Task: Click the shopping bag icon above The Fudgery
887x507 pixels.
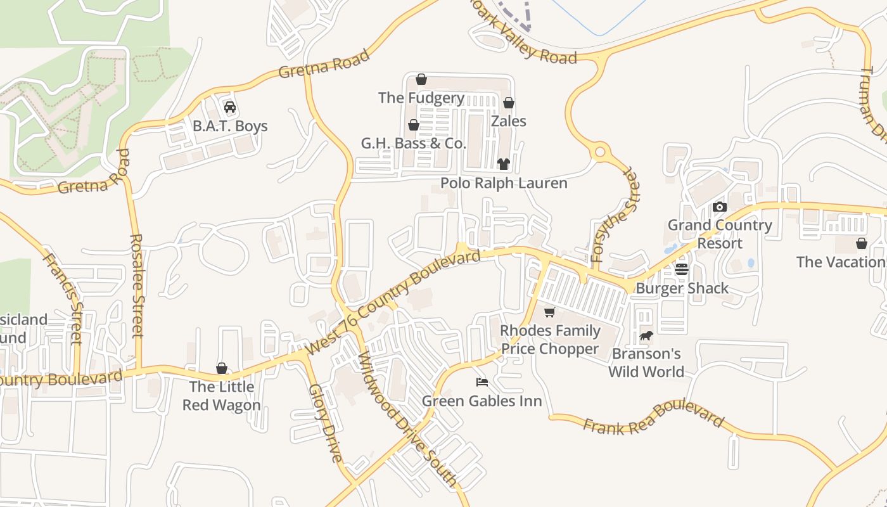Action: pos(421,79)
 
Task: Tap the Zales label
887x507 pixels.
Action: pos(509,120)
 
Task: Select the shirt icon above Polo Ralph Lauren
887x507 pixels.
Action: pos(504,164)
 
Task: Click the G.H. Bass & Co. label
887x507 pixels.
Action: pos(414,143)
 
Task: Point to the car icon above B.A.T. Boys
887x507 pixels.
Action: pos(230,106)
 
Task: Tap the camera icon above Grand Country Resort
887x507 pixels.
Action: pos(719,207)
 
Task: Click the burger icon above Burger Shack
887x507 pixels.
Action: pos(682,269)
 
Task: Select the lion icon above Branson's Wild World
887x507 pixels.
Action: pos(646,335)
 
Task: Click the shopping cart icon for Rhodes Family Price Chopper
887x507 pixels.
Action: pos(549,312)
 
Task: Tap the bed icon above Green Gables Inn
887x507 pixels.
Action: pos(482,382)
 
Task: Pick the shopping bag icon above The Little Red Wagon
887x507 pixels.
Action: pos(222,368)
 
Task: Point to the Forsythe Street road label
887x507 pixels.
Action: pos(612,216)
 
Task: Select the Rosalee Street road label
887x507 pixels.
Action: pos(137,285)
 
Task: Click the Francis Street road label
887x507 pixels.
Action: pos(63,298)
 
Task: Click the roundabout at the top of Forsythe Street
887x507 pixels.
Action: pos(599,152)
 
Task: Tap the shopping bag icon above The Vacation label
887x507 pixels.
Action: pos(862,243)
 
